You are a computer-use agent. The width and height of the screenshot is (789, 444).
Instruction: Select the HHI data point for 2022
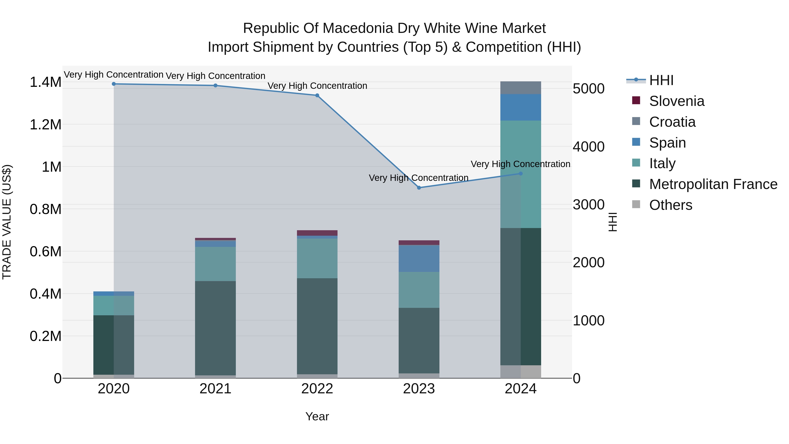317,95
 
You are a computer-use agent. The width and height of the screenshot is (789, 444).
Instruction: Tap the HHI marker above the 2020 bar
114,84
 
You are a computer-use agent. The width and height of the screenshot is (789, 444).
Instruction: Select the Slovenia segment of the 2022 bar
317,233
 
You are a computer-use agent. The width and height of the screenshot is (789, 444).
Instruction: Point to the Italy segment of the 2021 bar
215,264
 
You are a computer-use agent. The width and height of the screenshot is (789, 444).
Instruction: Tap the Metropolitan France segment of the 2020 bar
114,345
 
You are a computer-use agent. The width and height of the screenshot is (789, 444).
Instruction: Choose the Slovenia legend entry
676,101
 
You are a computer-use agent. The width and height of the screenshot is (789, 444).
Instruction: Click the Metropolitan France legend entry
713,184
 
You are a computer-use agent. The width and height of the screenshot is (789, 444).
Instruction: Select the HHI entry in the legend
661,80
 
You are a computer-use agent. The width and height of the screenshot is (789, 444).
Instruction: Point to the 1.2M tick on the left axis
45,125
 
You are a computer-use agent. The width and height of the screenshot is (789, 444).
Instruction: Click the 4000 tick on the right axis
588,146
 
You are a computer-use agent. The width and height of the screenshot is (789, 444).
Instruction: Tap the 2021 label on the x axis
215,389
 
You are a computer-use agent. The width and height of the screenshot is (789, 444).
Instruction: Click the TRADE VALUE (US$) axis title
7,222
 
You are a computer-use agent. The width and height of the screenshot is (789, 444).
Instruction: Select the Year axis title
317,416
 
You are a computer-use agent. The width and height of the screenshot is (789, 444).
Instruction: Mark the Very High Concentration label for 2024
520,164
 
